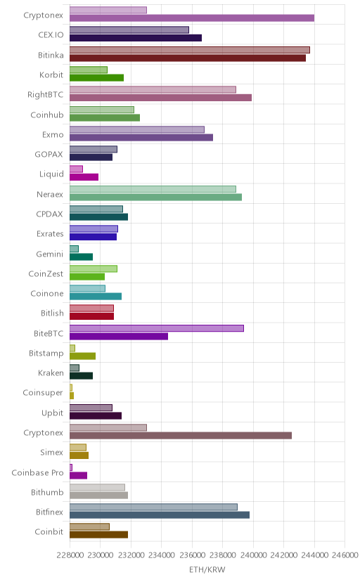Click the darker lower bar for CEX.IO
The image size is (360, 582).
coord(136,38)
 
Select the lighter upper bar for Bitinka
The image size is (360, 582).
coord(190,50)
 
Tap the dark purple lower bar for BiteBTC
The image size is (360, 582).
coord(119,336)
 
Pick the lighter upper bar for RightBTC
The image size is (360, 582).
coord(153,89)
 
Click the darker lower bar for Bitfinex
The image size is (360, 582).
coord(160,515)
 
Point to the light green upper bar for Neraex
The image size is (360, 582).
coord(153,189)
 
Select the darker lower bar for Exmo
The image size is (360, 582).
coord(141,137)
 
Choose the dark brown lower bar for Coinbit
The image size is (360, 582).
coord(98,535)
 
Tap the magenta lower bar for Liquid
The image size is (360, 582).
coord(84,177)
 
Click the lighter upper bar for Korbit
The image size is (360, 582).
coord(89,70)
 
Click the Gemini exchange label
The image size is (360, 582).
coord(50,254)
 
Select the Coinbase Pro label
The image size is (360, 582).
coord(37,473)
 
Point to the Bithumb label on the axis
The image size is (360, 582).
coord(48,493)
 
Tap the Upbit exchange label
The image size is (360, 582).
coord(52,413)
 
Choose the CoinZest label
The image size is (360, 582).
coord(46,274)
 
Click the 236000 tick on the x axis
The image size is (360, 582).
coord(192,555)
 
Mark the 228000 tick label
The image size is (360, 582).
coord(70,555)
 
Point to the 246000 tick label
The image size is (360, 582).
coord(345,555)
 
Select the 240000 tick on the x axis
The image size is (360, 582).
coord(253,555)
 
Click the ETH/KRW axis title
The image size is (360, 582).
coord(207,570)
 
